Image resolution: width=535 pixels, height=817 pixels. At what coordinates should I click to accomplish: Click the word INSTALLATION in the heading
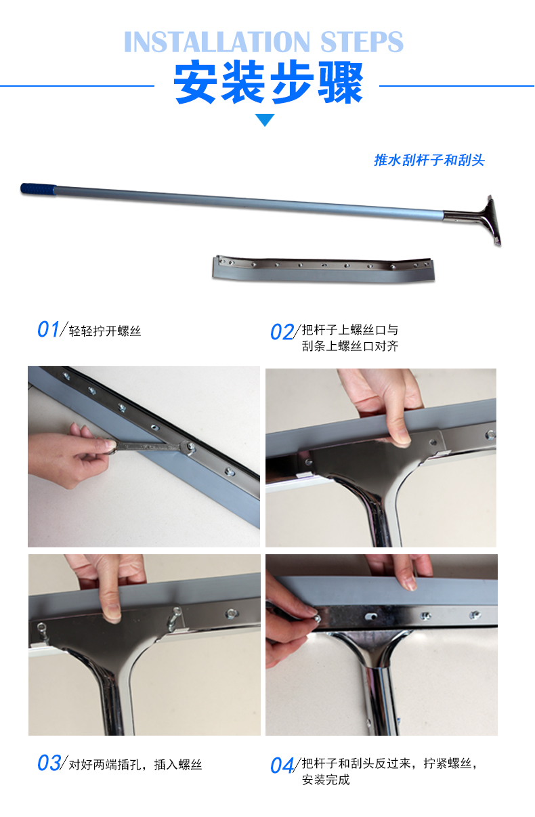217,41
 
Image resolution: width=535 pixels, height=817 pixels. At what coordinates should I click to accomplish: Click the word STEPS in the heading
362,41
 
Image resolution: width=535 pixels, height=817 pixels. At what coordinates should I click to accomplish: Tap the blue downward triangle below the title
265,120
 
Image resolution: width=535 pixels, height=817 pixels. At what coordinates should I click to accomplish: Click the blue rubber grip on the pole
38,189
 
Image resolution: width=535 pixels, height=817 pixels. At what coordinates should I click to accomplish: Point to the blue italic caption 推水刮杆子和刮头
429,160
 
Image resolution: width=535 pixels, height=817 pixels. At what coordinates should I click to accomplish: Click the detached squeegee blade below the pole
324,269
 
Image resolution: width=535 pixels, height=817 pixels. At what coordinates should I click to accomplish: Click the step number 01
48,329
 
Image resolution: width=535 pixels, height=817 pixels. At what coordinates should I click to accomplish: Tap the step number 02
282,332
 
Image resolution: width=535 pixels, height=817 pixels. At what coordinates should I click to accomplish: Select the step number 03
49,763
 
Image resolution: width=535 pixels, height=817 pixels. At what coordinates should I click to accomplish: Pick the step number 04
282,766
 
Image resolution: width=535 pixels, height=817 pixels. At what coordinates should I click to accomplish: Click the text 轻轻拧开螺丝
105,331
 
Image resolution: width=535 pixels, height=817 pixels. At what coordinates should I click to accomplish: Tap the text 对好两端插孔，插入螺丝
135,764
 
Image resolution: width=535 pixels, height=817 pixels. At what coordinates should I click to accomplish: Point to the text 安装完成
326,780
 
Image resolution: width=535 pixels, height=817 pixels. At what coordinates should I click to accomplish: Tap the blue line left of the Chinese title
77,86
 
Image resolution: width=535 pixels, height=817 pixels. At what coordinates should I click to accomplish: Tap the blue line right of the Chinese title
456,86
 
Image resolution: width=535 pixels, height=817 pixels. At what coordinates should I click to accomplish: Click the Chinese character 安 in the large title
196,83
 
